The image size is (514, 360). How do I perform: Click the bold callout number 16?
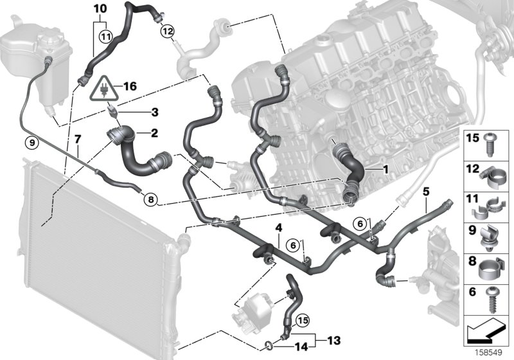[130, 86]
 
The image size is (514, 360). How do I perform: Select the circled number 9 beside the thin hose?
[31, 142]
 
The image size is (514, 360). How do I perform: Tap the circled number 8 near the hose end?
[151, 199]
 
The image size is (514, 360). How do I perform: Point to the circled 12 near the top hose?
[167, 32]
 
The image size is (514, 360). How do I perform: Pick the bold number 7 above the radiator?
[77, 139]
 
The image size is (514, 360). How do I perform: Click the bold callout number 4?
[279, 228]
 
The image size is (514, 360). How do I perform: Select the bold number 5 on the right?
[426, 191]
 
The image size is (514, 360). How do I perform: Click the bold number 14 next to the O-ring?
[301, 346]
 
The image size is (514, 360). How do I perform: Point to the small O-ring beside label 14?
[269, 345]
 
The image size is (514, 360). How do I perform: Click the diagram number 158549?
[489, 353]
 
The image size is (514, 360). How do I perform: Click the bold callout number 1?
[385, 170]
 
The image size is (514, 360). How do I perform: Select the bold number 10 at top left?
[100, 8]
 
